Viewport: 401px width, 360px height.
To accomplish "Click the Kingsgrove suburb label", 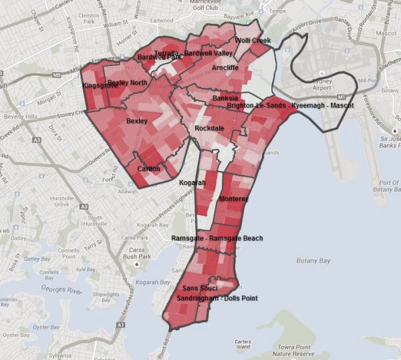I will tap(99, 85).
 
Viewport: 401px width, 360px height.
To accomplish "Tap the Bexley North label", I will tap(127, 82).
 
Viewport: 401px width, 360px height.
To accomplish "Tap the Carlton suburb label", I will tap(148, 168).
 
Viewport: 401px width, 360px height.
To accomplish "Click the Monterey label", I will tap(233, 199).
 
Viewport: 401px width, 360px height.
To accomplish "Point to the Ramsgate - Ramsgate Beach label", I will tap(217, 238).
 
